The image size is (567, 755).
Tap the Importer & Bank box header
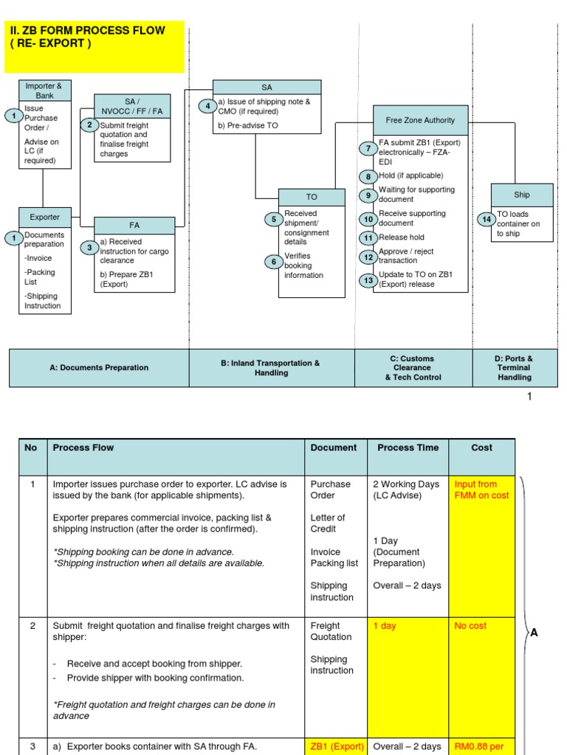tap(44, 91)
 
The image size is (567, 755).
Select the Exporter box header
tap(44, 218)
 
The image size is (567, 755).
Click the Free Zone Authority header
tap(420, 120)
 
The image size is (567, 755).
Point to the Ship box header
tap(522, 195)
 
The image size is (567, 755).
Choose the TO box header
tap(312, 198)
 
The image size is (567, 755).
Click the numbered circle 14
tap(487, 219)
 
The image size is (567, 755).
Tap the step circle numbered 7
tap(368, 148)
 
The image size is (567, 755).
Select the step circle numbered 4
tap(208, 106)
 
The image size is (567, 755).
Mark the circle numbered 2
tap(89, 125)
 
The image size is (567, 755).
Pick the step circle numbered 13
tap(368, 280)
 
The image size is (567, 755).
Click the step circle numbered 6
tap(273, 262)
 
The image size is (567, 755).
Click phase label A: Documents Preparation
tap(99, 367)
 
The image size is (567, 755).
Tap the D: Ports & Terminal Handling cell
tap(515, 368)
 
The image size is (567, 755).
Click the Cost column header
tap(481, 448)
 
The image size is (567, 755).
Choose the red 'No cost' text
tap(470, 626)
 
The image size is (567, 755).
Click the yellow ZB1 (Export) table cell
tap(336, 746)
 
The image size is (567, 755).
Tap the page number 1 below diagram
tap(529, 397)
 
